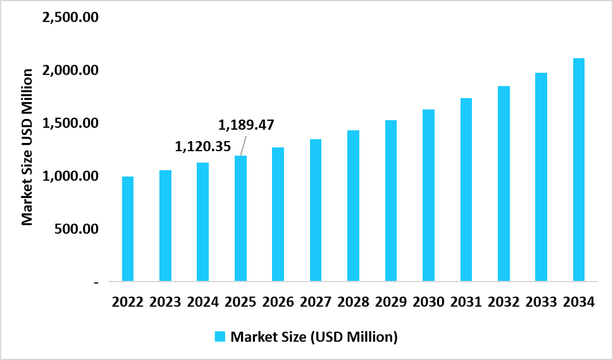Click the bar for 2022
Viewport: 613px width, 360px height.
128,229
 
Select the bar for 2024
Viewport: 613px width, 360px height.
203,222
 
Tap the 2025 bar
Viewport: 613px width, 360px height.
240,218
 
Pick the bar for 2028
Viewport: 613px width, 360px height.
353,206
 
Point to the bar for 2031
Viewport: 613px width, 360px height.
466,190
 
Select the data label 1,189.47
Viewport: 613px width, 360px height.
245,125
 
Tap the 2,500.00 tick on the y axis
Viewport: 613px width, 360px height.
69,17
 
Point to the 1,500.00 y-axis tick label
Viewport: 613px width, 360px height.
69,123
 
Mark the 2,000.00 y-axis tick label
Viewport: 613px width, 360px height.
69,70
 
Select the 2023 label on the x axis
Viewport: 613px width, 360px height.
165,302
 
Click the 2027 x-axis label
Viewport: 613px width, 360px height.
316,302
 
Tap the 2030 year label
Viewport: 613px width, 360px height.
428,302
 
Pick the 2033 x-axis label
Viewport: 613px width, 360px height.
542,302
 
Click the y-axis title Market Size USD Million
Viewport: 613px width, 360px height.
27,147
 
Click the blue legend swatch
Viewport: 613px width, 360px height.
220,337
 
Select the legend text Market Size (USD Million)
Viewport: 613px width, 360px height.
314,337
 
